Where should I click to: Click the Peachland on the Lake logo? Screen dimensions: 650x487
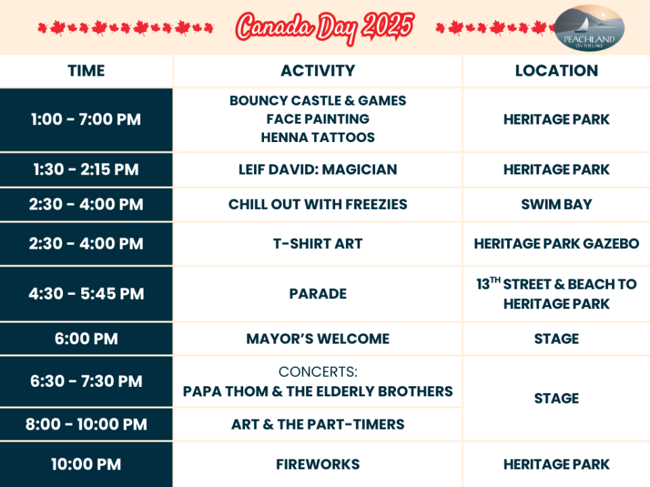tap(589, 28)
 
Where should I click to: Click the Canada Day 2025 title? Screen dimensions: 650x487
tap(325, 28)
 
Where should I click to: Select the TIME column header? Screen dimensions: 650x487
tap(86, 71)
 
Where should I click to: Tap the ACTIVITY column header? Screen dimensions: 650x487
tap(318, 71)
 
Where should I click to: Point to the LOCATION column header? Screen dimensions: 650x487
tap(557, 71)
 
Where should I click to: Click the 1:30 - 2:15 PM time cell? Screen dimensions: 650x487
tap(86, 169)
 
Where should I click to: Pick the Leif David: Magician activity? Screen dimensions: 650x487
tap(318, 169)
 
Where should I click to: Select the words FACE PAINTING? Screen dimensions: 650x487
tap(318, 119)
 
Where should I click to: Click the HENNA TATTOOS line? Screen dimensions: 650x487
tap(318, 137)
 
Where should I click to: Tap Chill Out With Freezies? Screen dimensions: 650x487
tap(318, 204)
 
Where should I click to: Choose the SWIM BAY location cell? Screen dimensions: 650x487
tap(557, 204)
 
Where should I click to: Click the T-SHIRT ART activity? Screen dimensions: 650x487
tap(318, 243)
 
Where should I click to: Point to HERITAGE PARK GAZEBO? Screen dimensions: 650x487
tap(557, 243)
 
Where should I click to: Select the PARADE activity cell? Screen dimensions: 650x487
tap(318, 294)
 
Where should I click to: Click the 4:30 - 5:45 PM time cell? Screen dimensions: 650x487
tap(86, 294)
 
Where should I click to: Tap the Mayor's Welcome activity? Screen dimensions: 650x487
tap(318, 339)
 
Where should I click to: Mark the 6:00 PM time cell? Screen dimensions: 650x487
tap(86, 339)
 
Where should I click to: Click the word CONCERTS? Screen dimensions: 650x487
tap(318, 372)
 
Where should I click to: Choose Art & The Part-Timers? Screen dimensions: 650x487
tap(318, 425)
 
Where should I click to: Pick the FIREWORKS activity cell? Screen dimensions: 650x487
tap(318, 464)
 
